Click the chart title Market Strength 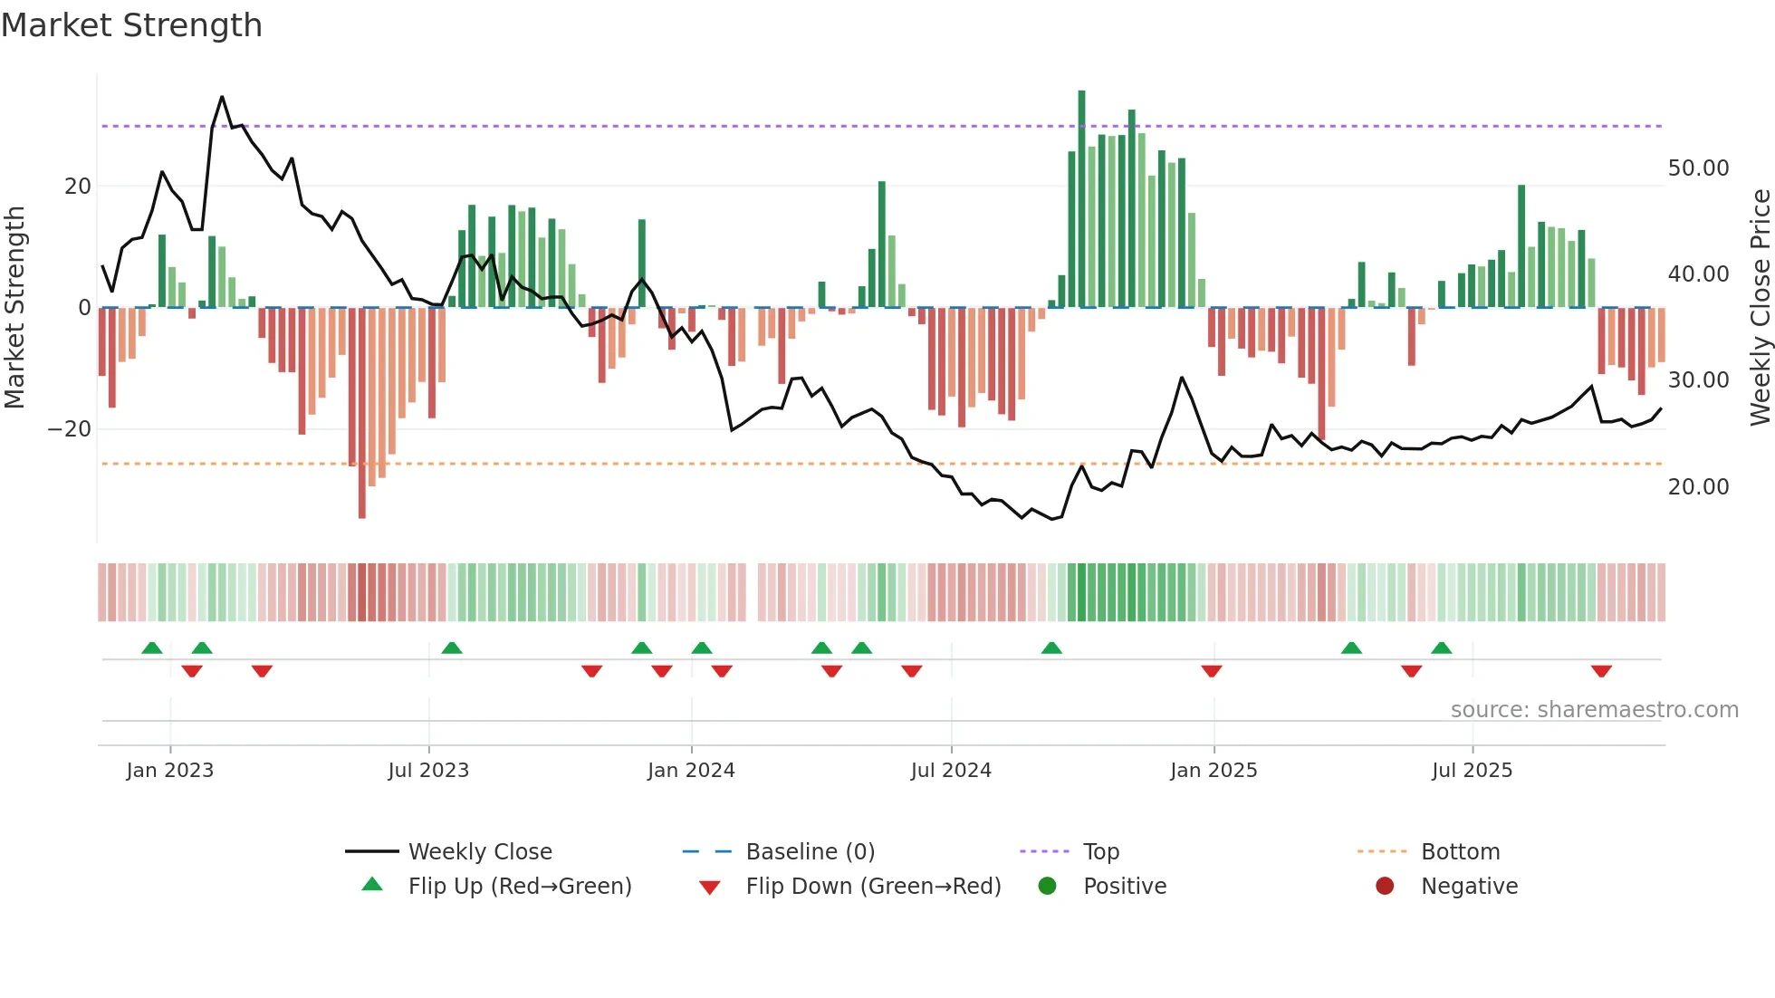[x=131, y=25]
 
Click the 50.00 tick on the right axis [x=1698, y=168]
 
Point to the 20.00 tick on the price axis [x=1698, y=487]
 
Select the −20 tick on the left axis [x=70, y=429]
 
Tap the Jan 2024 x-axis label [x=691, y=771]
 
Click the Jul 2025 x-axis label [x=1472, y=771]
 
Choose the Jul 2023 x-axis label [x=428, y=771]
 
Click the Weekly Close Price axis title [x=1760, y=308]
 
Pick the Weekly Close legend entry [x=480, y=852]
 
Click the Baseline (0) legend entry [x=810, y=852]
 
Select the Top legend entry [x=1101, y=852]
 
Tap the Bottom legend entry [x=1460, y=852]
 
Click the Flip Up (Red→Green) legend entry [x=519, y=887]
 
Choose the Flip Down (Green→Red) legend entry [x=873, y=887]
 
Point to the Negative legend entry [x=1469, y=887]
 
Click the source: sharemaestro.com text [x=1594, y=710]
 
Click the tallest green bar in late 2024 [x=1081, y=199]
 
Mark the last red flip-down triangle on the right [x=1601, y=671]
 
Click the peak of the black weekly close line [x=222, y=97]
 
